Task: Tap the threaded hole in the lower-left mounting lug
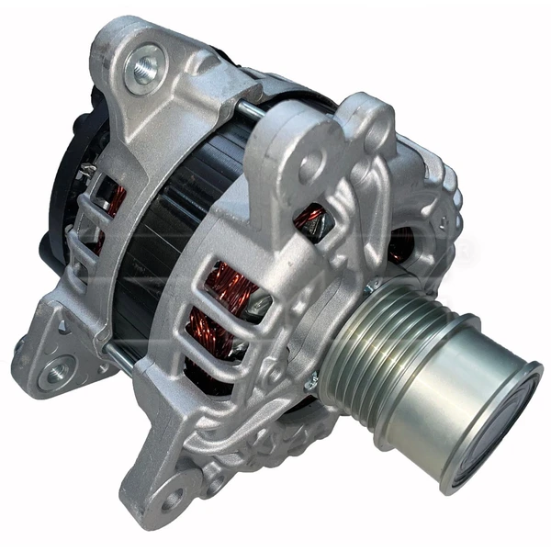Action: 58,371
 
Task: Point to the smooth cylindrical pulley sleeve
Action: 459,395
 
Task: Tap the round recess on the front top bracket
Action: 311,166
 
